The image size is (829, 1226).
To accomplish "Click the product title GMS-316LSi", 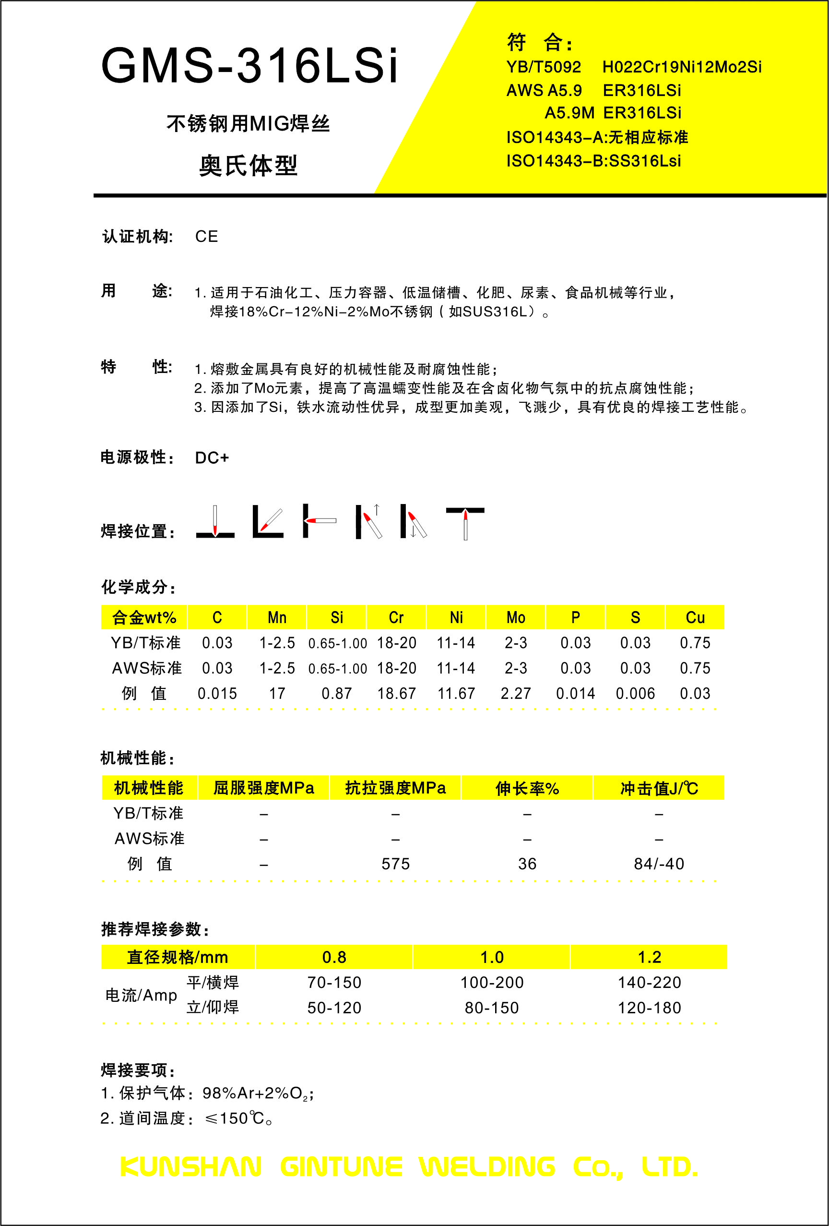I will pos(249,66).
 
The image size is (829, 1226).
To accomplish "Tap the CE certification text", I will pos(206,236).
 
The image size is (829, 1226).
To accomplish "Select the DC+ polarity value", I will pos(212,457).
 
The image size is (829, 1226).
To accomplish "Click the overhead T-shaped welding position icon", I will pos(465,522).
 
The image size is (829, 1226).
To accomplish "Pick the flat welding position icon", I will pos(215,522).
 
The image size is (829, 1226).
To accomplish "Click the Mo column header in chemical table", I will pos(516,617).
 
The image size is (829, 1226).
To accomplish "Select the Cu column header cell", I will pos(695,617).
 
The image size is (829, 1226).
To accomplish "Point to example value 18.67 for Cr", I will pos(397,693).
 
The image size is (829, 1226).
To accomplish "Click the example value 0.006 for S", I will pos(636,693).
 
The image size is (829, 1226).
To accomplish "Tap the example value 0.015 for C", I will pos(217,693).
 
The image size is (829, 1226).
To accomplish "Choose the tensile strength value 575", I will pos(395,864).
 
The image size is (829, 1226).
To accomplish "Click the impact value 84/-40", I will pos(659,864).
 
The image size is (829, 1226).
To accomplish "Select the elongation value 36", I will pos(527,864).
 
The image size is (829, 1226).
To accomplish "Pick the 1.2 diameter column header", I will pos(649,957).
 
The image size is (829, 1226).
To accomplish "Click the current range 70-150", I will pos(334,982).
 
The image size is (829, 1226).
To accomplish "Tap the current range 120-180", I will pos(649,1008).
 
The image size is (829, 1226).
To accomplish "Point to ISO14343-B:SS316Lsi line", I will pos(594,161).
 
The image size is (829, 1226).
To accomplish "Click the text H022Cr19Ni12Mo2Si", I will pos(682,67).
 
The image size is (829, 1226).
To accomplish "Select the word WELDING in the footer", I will pos(487,1167).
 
